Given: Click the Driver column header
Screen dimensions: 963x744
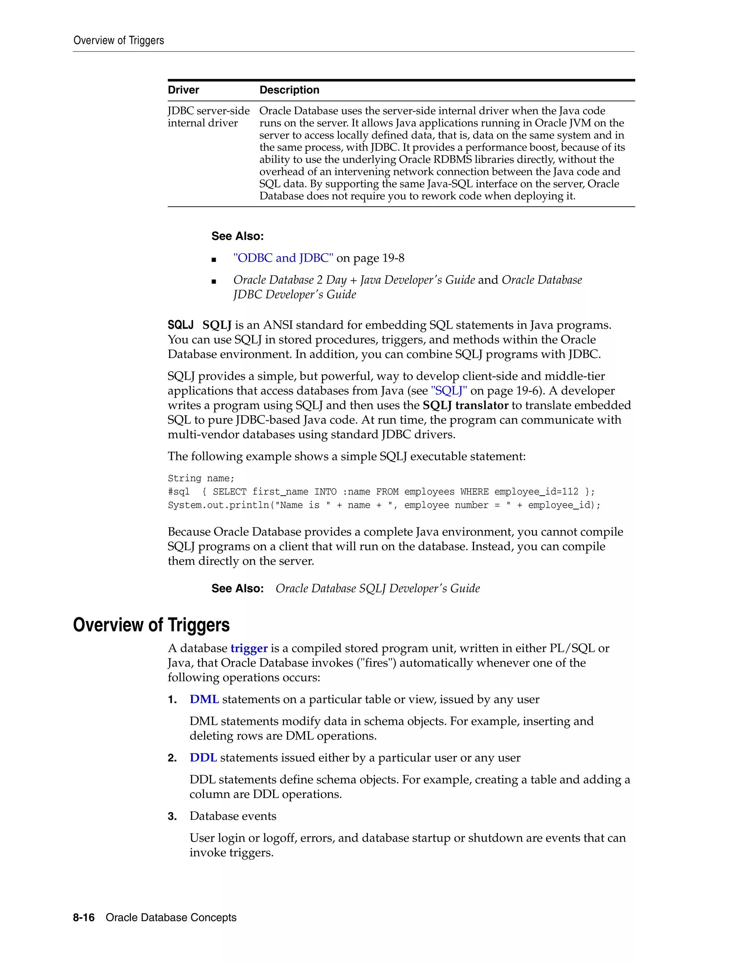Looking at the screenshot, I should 183,90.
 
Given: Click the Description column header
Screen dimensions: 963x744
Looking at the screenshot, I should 289,90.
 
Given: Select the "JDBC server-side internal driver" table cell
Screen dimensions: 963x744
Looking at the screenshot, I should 208,117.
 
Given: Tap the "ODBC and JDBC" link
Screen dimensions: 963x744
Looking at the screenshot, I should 283,258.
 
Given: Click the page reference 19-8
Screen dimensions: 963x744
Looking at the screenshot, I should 393,258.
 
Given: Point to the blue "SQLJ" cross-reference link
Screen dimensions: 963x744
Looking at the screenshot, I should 449,391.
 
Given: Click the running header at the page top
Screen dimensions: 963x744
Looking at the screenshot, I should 118,41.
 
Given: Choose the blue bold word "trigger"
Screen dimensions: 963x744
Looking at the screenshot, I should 249,648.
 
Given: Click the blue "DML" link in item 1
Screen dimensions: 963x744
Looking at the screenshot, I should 204,699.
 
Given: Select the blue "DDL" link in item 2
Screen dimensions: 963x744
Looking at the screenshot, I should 203,758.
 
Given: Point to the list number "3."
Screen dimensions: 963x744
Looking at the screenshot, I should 172,816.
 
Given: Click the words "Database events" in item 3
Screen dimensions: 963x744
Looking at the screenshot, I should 233,816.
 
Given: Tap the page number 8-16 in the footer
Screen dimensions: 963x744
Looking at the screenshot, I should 84,918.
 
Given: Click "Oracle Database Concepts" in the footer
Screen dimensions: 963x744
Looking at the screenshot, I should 171,918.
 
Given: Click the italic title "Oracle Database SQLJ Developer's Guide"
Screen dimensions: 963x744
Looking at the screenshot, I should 377,589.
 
